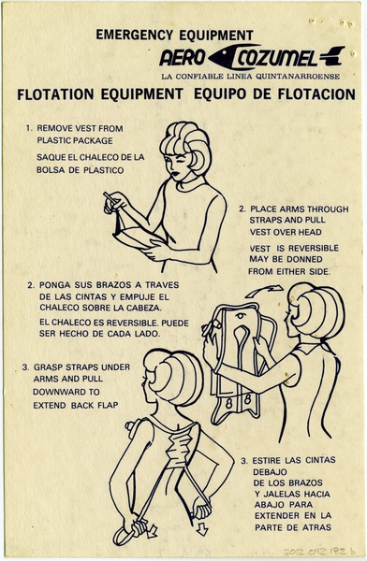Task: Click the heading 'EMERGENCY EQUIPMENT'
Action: [x=174, y=36]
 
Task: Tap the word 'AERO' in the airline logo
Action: [x=182, y=56]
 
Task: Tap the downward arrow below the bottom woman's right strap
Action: [x=202, y=528]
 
